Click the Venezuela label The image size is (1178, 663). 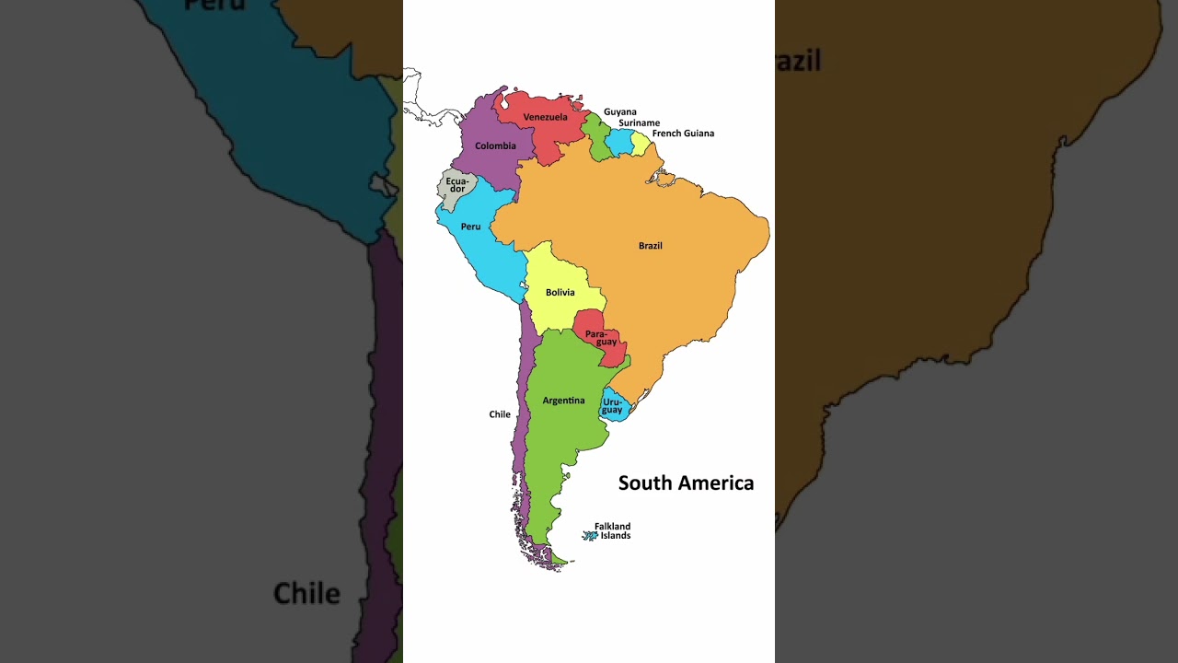pos(545,117)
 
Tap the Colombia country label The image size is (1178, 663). pos(495,145)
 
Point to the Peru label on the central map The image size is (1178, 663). pos(470,227)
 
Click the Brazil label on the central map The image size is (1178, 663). pos(650,246)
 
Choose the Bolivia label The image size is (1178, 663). pos(560,293)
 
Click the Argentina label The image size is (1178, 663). pos(563,401)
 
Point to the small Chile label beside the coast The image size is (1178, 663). pos(500,414)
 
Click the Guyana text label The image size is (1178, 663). pos(619,112)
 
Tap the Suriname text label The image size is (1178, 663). pos(639,123)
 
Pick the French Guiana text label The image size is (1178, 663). pos(683,134)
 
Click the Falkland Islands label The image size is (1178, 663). pos(613,531)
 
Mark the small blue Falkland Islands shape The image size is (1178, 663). pos(590,535)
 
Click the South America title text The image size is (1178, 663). pos(686,483)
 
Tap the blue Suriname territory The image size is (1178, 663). pos(620,142)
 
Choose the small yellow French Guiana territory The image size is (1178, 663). pos(640,144)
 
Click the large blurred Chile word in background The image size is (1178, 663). pos(306,593)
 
